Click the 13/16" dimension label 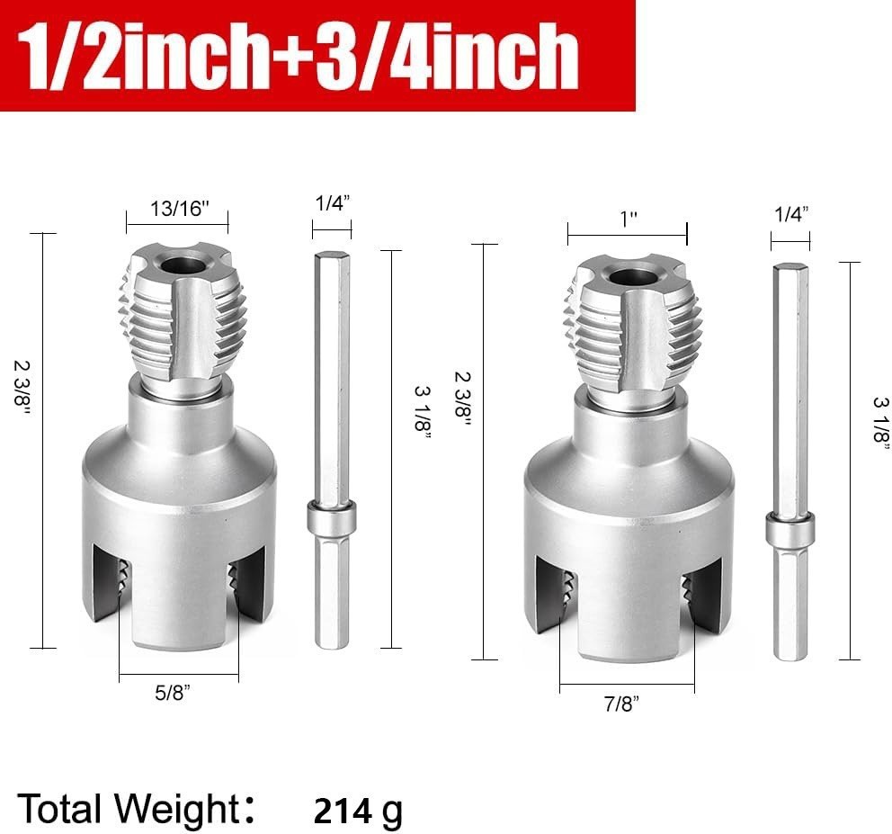point(177,211)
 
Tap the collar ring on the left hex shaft point(331,519)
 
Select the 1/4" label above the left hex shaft point(332,203)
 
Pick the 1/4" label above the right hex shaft point(790,213)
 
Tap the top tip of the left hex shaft point(331,257)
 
